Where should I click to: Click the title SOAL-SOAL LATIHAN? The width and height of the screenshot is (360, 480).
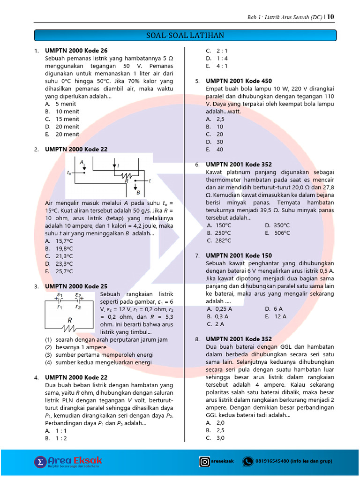[185, 36]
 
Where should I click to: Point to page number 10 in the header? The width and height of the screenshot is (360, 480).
[331, 17]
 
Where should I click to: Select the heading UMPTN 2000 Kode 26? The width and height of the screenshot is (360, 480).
[76, 51]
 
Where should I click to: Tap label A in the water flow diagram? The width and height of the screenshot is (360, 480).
[82, 162]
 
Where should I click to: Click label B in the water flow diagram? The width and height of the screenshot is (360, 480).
[138, 192]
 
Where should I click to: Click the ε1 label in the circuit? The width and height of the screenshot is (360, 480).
[60, 294]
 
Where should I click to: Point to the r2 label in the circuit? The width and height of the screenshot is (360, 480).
[78, 308]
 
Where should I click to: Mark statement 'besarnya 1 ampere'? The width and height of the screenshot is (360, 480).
[81, 347]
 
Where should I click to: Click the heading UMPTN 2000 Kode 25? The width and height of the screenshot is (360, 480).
[76, 286]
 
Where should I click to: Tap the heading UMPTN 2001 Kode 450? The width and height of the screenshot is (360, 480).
[239, 81]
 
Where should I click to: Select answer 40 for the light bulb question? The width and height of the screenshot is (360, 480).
[220, 150]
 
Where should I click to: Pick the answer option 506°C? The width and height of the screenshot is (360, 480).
[281, 232]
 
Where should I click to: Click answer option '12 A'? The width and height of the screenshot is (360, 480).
[280, 316]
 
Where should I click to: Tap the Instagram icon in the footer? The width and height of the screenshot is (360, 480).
[205, 462]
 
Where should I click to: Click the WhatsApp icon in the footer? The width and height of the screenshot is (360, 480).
[247, 462]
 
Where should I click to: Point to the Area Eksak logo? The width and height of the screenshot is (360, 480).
[68, 462]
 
